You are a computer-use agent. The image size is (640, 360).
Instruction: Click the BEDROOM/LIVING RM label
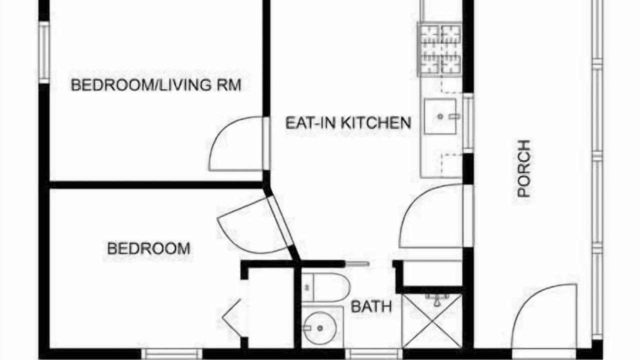pyautogui.click(x=156, y=85)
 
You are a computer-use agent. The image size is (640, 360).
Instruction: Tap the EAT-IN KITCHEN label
pyautogui.click(x=348, y=122)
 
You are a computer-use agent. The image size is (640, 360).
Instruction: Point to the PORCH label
pyautogui.click(x=524, y=168)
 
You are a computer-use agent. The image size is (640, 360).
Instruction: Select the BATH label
pyautogui.click(x=371, y=307)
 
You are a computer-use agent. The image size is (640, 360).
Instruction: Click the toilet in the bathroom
pyautogui.click(x=325, y=287)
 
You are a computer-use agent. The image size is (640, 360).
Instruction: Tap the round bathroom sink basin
pyautogui.click(x=319, y=328)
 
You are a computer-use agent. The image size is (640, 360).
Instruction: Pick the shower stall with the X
pyautogui.click(x=432, y=321)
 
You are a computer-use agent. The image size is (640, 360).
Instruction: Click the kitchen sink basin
pyautogui.click(x=440, y=116)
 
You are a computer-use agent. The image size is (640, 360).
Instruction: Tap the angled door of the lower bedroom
pyautogui.click(x=254, y=225)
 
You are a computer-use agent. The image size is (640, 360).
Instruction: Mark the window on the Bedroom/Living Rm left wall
pyautogui.click(x=44, y=52)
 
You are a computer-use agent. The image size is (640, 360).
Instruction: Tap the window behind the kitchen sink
pyautogui.click(x=468, y=123)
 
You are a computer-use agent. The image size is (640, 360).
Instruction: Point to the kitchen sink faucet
pyautogui.click(x=453, y=116)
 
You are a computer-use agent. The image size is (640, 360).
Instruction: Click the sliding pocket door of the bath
pyautogui.click(x=357, y=264)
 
